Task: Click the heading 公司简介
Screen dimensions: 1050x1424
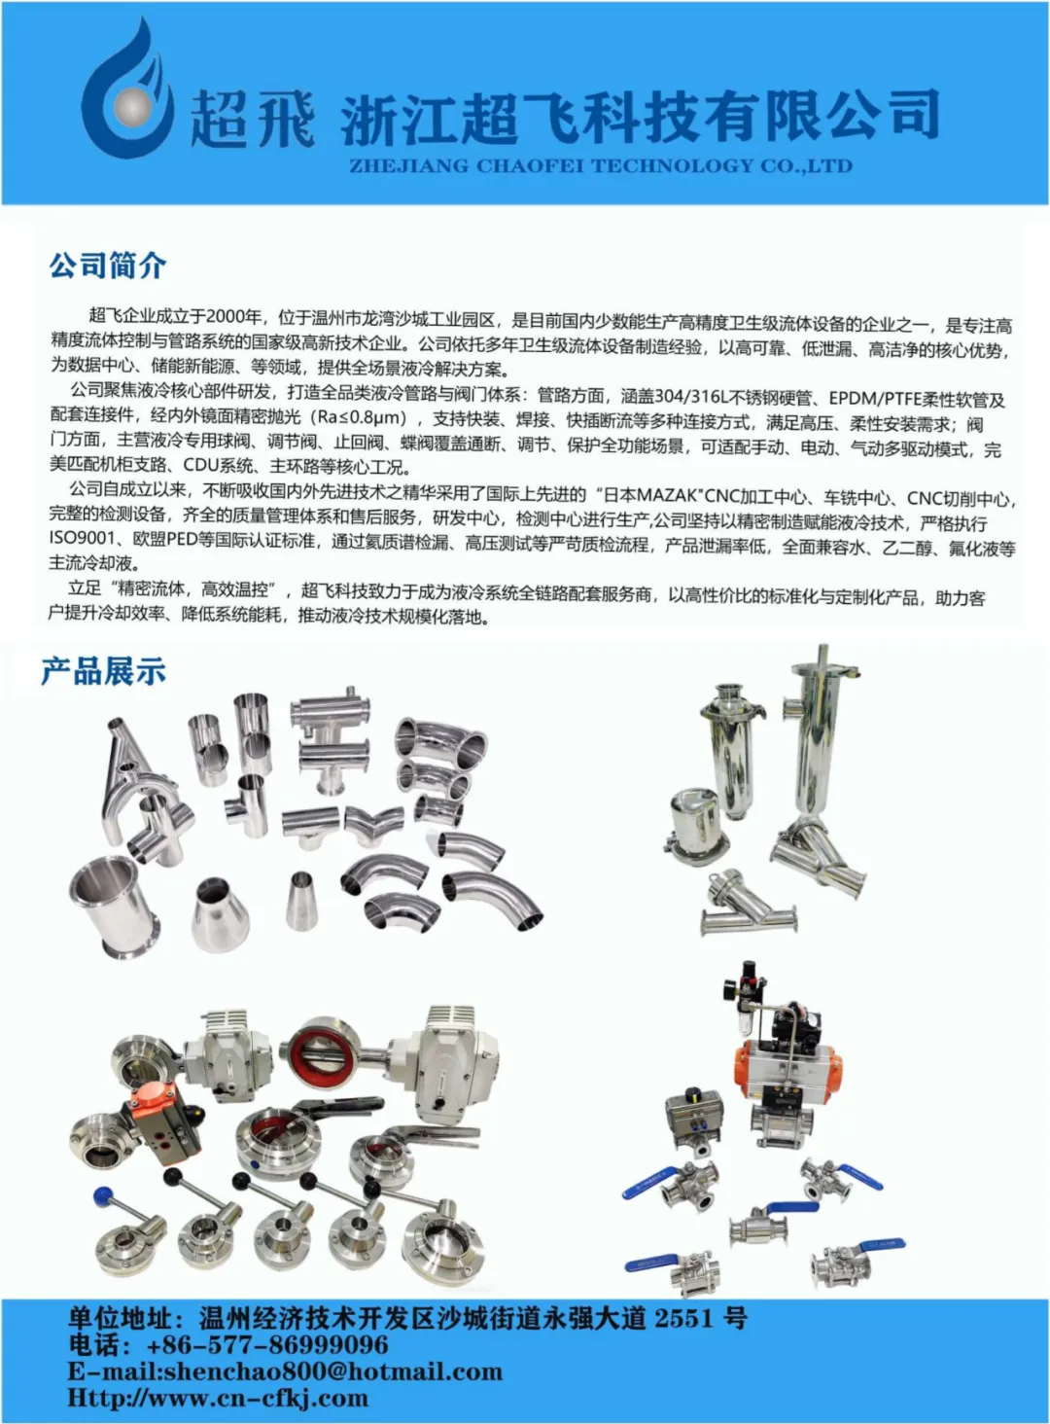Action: pyautogui.click(x=108, y=266)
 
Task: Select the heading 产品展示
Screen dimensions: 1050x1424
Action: pyautogui.click(x=104, y=671)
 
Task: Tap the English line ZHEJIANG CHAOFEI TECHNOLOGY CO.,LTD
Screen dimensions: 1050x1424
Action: pyautogui.click(x=601, y=166)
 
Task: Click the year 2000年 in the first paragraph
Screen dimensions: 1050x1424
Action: pyautogui.click(x=234, y=315)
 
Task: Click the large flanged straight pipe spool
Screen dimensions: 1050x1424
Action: pyautogui.click(x=115, y=903)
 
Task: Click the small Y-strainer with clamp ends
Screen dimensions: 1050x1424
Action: pyautogui.click(x=747, y=906)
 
